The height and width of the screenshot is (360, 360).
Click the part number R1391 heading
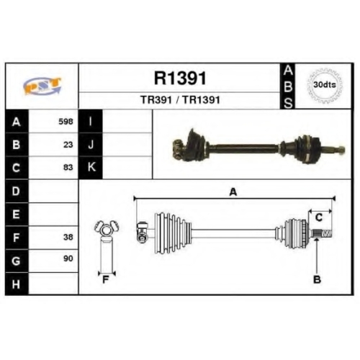tap(180, 78)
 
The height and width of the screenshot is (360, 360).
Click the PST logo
tap(42, 86)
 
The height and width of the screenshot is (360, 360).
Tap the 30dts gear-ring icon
tap(325, 86)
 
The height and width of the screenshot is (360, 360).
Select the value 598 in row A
tap(66, 122)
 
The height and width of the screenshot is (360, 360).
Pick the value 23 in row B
tap(68, 145)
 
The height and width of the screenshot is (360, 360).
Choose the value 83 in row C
tap(68, 167)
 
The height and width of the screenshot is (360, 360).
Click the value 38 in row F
tap(68, 237)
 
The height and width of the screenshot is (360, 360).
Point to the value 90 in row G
tap(68, 258)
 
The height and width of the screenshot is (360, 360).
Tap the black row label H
tap(17, 284)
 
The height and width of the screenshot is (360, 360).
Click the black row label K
tap(91, 167)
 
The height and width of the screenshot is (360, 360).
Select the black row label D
tap(17, 191)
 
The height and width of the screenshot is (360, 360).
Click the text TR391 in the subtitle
tap(156, 100)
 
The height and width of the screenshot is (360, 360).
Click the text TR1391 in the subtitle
tap(201, 100)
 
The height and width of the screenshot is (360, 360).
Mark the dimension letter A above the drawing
tap(233, 192)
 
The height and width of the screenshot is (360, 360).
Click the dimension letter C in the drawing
tap(319, 217)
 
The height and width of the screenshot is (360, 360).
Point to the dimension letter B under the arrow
tap(317, 279)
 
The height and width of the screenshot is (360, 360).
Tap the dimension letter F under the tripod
tap(106, 279)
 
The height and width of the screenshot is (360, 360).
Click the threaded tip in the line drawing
tap(327, 233)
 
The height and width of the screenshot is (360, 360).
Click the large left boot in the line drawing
tap(173, 233)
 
